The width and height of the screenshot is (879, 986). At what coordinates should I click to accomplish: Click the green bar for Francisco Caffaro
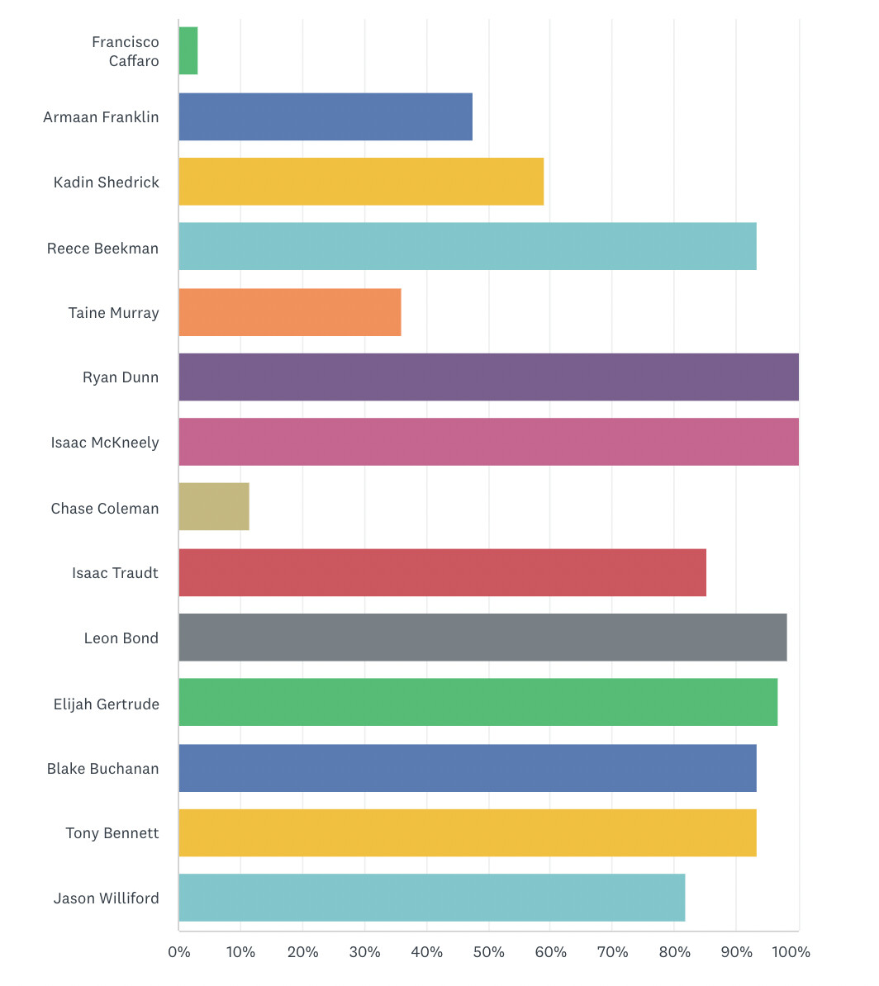[x=188, y=51]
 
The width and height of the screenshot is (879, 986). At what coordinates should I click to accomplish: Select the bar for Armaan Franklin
[x=325, y=116]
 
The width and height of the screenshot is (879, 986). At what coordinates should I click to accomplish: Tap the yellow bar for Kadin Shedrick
[x=361, y=182]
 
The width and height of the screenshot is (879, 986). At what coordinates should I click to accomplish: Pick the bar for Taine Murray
[x=290, y=312]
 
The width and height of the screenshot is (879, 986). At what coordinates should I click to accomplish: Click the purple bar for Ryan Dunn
[x=488, y=377]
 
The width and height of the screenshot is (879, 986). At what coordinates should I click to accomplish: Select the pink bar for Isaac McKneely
[x=488, y=442]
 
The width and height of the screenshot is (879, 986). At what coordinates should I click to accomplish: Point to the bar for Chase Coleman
[x=214, y=507]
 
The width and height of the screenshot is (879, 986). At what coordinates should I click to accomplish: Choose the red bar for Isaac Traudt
[x=442, y=572]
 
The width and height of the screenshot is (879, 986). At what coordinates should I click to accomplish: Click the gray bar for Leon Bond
[x=482, y=638]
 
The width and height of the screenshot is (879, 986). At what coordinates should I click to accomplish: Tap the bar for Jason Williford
[x=431, y=898]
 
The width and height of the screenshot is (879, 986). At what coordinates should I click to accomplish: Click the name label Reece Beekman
[x=102, y=248]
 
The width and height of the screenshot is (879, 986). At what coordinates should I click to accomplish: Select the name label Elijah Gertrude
[x=106, y=704]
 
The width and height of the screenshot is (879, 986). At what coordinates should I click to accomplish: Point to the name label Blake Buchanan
[x=102, y=768]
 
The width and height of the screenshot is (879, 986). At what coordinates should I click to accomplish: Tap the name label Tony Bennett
[x=112, y=833]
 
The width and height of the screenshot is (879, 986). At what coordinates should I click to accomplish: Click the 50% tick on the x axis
[x=488, y=952]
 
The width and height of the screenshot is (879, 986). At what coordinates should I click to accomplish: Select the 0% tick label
[x=179, y=952]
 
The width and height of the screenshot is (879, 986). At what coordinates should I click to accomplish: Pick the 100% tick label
[x=791, y=952]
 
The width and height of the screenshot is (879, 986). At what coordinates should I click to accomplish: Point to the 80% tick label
[x=674, y=952]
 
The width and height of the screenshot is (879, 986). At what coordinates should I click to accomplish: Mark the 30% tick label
[x=364, y=952]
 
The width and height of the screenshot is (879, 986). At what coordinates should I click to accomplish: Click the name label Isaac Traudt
[x=115, y=573]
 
